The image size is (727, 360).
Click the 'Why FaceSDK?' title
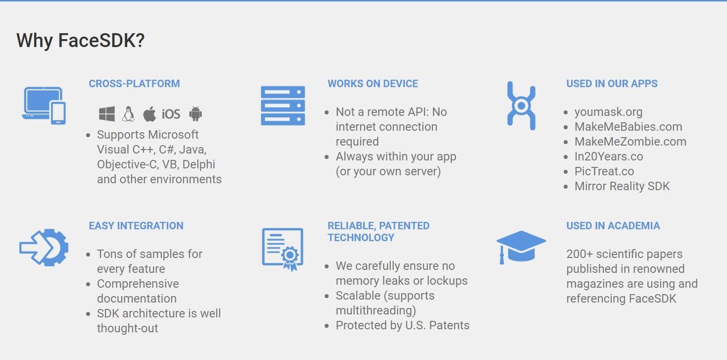click(x=81, y=41)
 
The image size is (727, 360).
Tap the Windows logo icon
click(x=107, y=114)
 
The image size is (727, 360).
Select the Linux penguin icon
click(x=128, y=114)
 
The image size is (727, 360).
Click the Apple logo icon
click(x=149, y=114)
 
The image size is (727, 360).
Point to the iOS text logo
click(x=171, y=114)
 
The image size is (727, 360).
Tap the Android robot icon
click(x=195, y=114)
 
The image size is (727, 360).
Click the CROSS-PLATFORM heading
click(x=135, y=84)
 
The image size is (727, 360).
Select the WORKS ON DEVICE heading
click(x=373, y=84)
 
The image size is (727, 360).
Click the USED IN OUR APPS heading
click(x=612, y=84)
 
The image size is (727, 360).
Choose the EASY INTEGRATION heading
click(x=136, y=226)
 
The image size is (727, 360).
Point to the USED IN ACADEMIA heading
click(x=613, y=226)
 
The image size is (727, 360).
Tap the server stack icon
click(x=283, y=105)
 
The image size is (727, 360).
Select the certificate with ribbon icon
click(x=283, y=249)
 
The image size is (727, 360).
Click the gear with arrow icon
click(x=44, y=248)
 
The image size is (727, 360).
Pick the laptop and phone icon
click(x=44, y=105)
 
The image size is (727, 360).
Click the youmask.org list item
click(x=609, y=112)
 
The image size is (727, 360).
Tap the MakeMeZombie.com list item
click(x=630, y=142)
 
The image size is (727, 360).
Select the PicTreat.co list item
click(x=604, y=171)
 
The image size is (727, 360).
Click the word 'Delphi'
click(x=198, y=164)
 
